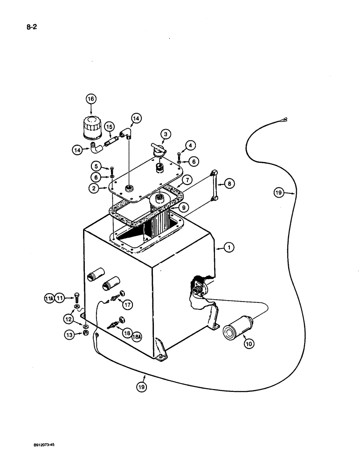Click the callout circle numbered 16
point(90,99)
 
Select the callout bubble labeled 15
point(109,127)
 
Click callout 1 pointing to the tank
point(228,248)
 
